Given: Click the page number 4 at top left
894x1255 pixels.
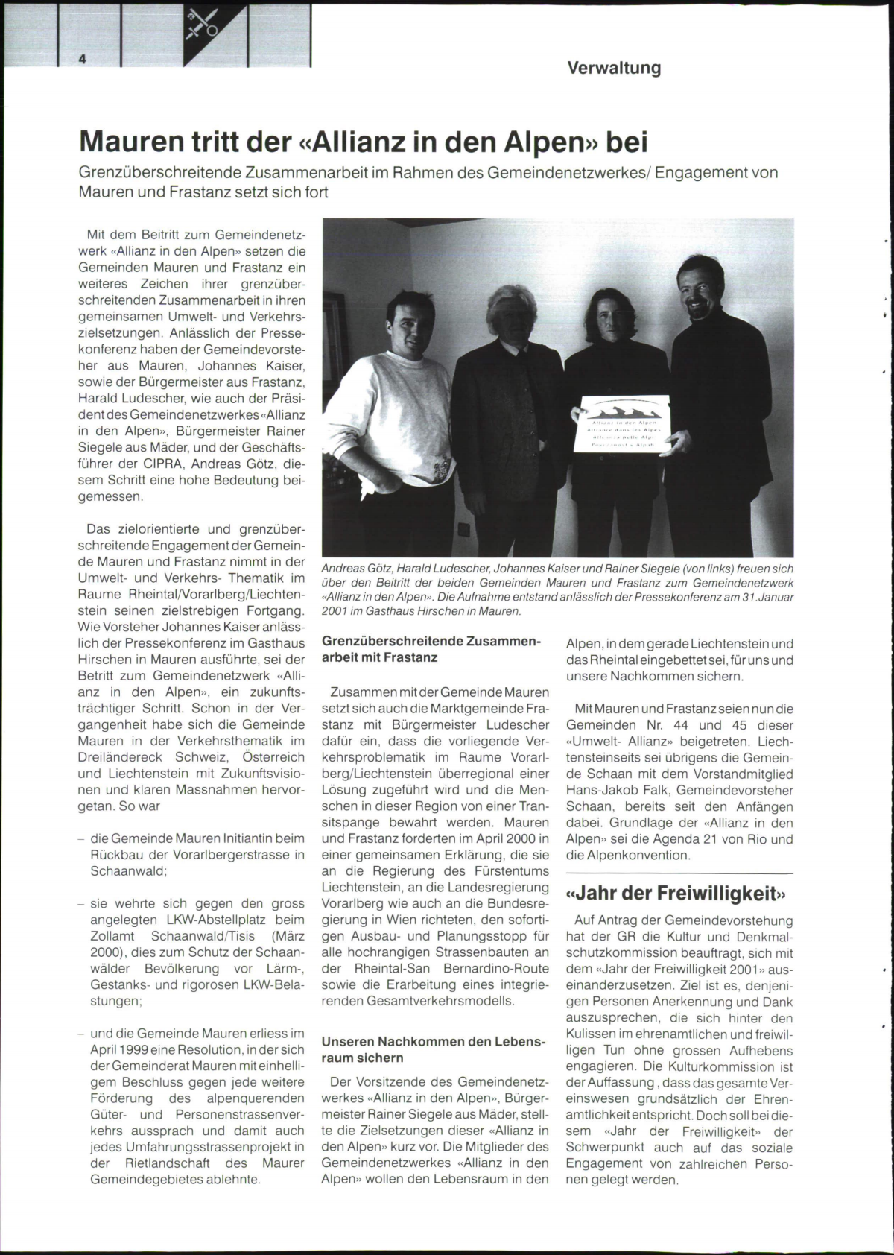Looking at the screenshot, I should [x=83, y=62].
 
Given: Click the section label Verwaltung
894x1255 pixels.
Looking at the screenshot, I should [x=614, y=68].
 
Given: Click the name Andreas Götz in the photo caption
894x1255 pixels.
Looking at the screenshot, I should [x=353, y=569].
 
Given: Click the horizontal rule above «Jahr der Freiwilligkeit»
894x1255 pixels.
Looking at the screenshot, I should [x=679, y=873].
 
